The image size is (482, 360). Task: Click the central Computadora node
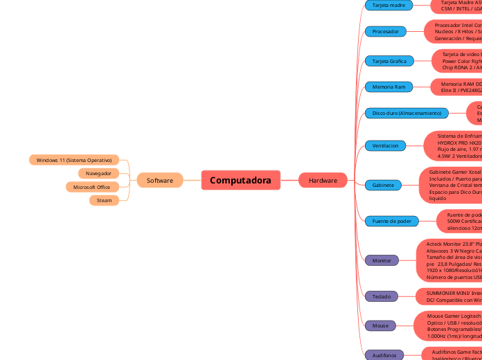pos(240,180)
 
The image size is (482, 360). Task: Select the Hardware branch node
pos(323,180)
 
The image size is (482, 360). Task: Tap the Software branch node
pos(160,180)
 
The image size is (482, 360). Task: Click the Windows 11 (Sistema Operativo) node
pos(74,160)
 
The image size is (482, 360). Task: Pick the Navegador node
pos(98,173)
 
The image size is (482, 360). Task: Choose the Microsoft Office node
pos(92,187)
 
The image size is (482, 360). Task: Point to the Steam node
pos(104,200)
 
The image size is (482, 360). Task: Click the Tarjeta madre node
pos(389,5)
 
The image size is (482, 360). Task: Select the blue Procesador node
pos(386,31)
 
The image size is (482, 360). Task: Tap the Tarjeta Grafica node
pos(389,61)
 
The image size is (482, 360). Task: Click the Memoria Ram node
pos(389,87)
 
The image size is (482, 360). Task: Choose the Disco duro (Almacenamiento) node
pos(406,113)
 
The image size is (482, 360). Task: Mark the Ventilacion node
pos(385,146)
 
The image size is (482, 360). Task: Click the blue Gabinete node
pos(383,185)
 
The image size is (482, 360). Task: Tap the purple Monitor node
pos(382,260)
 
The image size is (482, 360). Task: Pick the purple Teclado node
pos(381,296)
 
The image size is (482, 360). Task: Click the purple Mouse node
pos(380,325)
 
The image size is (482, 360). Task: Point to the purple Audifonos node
pos(383,355)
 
